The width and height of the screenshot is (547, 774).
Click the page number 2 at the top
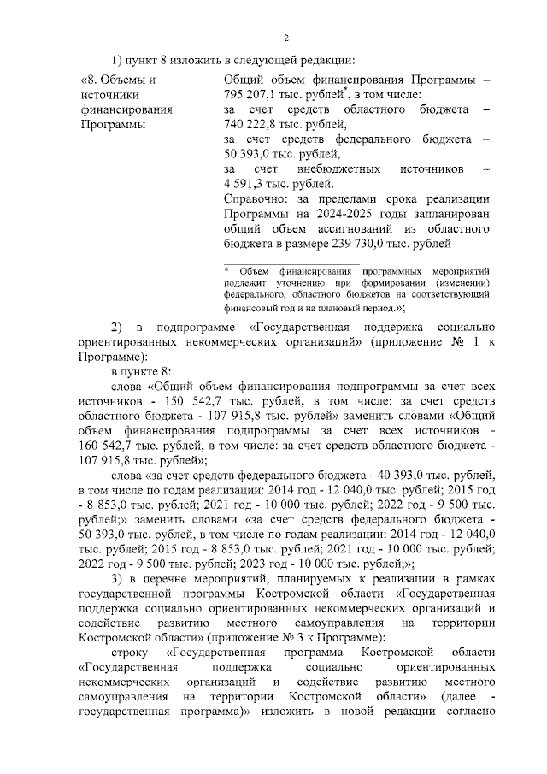tap(287, 38)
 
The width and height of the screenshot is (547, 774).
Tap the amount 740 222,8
tap(249, 125)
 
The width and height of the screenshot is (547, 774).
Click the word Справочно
tap(255, 198)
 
